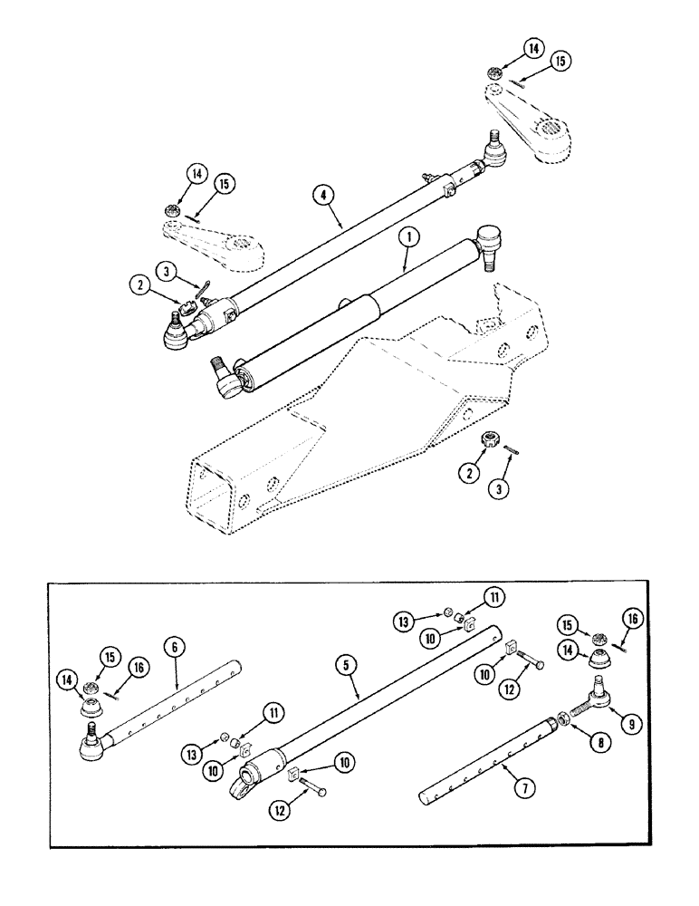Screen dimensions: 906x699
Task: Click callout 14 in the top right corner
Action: pos(534,48)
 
